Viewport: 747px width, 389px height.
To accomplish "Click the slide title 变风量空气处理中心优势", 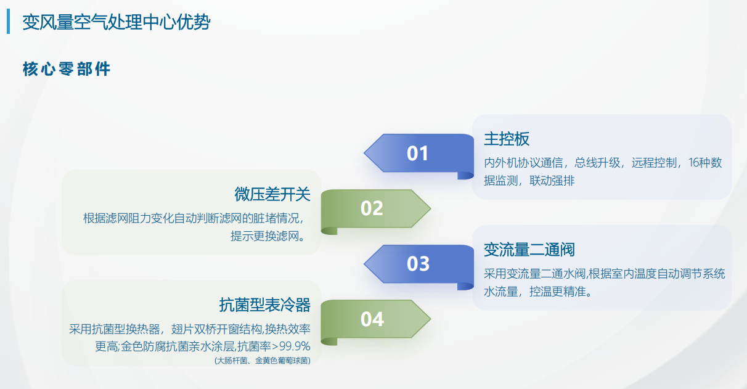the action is coord(116,22).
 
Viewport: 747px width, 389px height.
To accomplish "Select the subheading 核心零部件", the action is coord(67,69).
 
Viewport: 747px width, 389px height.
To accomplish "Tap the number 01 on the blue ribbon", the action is coord(417,154).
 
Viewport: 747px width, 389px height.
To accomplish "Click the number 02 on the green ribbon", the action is coord(372,208).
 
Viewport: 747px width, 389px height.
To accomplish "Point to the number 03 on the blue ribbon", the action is coord(418,264).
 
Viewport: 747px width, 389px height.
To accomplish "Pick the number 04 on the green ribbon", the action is coord(372,319).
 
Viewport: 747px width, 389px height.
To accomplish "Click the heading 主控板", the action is coord(507,139).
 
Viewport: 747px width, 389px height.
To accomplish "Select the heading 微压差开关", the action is coord(272,194).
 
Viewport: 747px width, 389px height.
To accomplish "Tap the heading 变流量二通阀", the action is coord(529,250).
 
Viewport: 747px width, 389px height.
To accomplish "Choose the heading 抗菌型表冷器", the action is coord(265,305).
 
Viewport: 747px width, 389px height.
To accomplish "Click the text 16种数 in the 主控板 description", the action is coord(705,163).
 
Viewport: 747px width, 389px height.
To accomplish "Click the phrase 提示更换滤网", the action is coord(264,236).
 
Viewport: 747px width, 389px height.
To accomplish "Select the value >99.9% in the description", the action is coord(291,346).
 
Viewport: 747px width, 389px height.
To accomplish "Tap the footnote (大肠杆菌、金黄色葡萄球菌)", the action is coord(263,361).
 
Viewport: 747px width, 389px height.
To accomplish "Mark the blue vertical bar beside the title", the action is coord(9,22).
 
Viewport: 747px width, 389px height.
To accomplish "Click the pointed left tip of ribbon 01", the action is coord(364,153).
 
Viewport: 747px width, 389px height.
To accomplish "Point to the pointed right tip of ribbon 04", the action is coord(431,319).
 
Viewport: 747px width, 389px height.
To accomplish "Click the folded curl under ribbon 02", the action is coord(329,231).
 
